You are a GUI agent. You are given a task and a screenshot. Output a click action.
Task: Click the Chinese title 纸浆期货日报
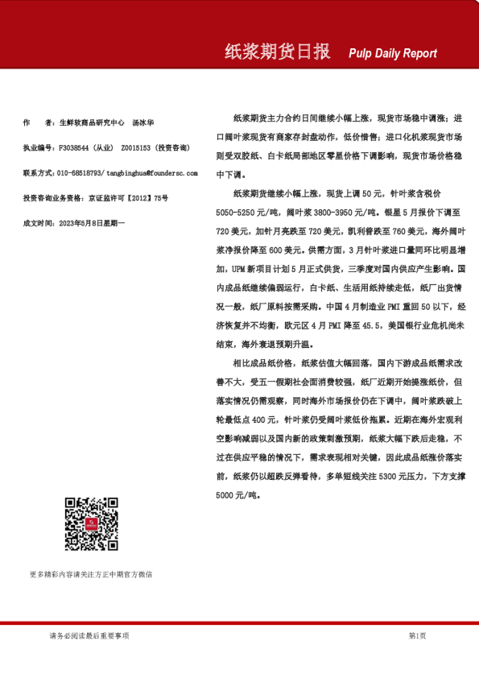tap(277, 52)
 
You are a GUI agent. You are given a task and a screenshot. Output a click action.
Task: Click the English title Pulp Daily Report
tap(393, 54)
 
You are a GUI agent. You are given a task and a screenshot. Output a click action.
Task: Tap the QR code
tap(91, 524)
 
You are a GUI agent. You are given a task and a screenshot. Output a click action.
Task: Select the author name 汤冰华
tap(143, 123)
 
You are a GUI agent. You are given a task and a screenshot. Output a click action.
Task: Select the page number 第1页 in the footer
tap(417, 636)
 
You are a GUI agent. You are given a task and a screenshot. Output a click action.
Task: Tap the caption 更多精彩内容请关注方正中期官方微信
tap(91, 575)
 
